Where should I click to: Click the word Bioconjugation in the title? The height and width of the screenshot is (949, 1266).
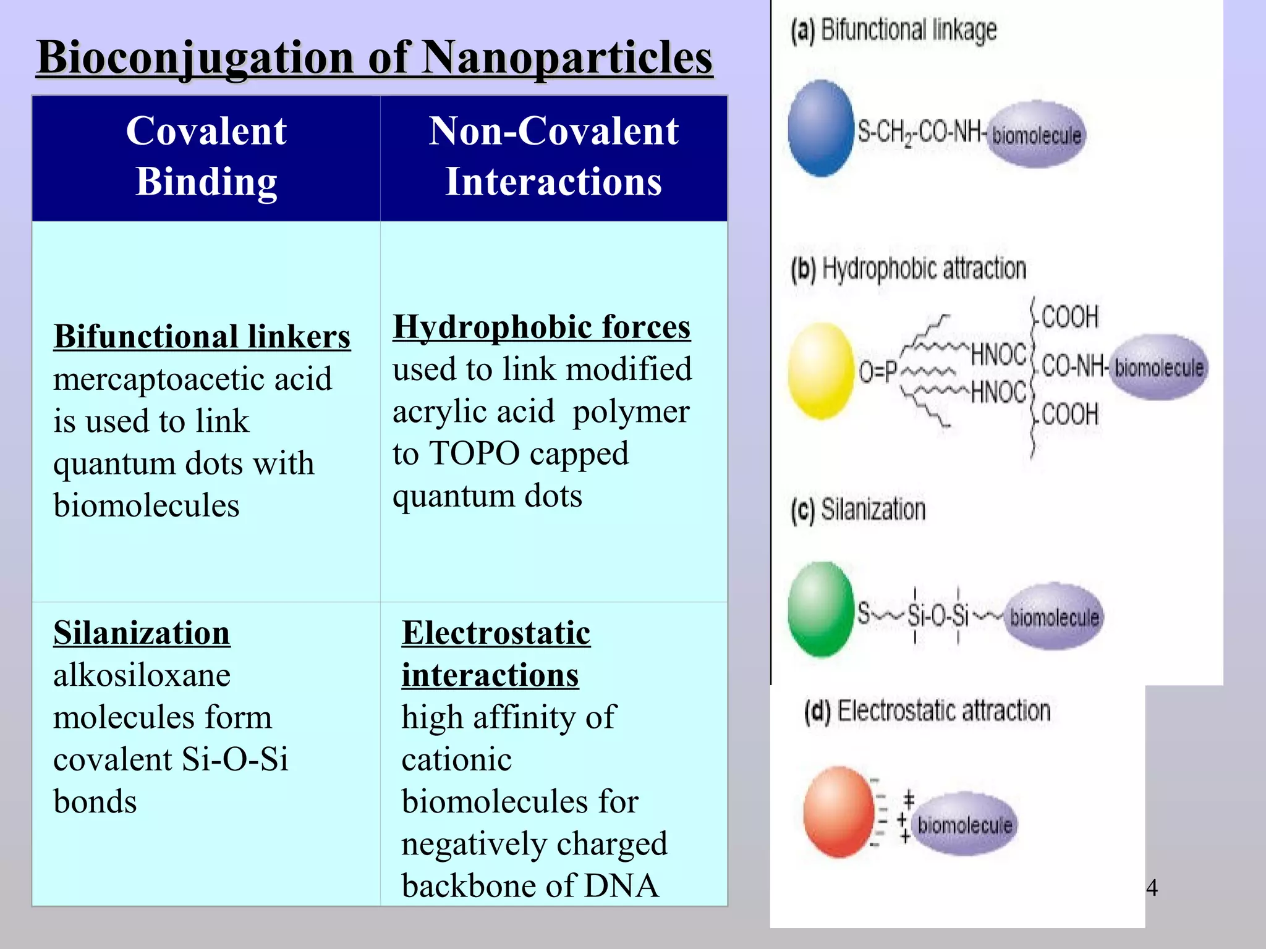tap(195, 57)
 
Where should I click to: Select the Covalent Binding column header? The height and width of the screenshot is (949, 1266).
tap(206, 156)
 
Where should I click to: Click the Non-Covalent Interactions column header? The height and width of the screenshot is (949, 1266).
tap(553, 156)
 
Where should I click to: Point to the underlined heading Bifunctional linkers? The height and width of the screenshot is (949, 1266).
tap(202, 337)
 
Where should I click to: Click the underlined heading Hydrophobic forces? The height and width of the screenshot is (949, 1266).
tap(542, 327)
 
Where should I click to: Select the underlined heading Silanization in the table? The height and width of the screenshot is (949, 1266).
tap(142, 633)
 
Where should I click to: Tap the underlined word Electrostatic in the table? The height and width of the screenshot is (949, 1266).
tap(496, 633)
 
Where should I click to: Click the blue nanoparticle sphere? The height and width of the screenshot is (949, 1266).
tap(820, 129)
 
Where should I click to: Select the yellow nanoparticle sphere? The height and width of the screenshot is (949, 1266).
tap(820, 371)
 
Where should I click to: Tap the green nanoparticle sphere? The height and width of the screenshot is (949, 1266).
tap(820, 609)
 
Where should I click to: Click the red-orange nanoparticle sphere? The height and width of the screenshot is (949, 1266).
tap(838, 811)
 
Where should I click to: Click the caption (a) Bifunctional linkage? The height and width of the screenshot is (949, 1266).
tap(894, 30)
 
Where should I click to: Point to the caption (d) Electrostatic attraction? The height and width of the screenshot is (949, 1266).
tap(927, 711)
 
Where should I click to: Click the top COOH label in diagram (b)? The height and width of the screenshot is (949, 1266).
tap(1069, 317)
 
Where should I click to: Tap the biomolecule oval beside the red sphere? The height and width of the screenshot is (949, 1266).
tap(964, 824)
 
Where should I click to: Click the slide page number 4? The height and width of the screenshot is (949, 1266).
tap(1152, 888)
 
